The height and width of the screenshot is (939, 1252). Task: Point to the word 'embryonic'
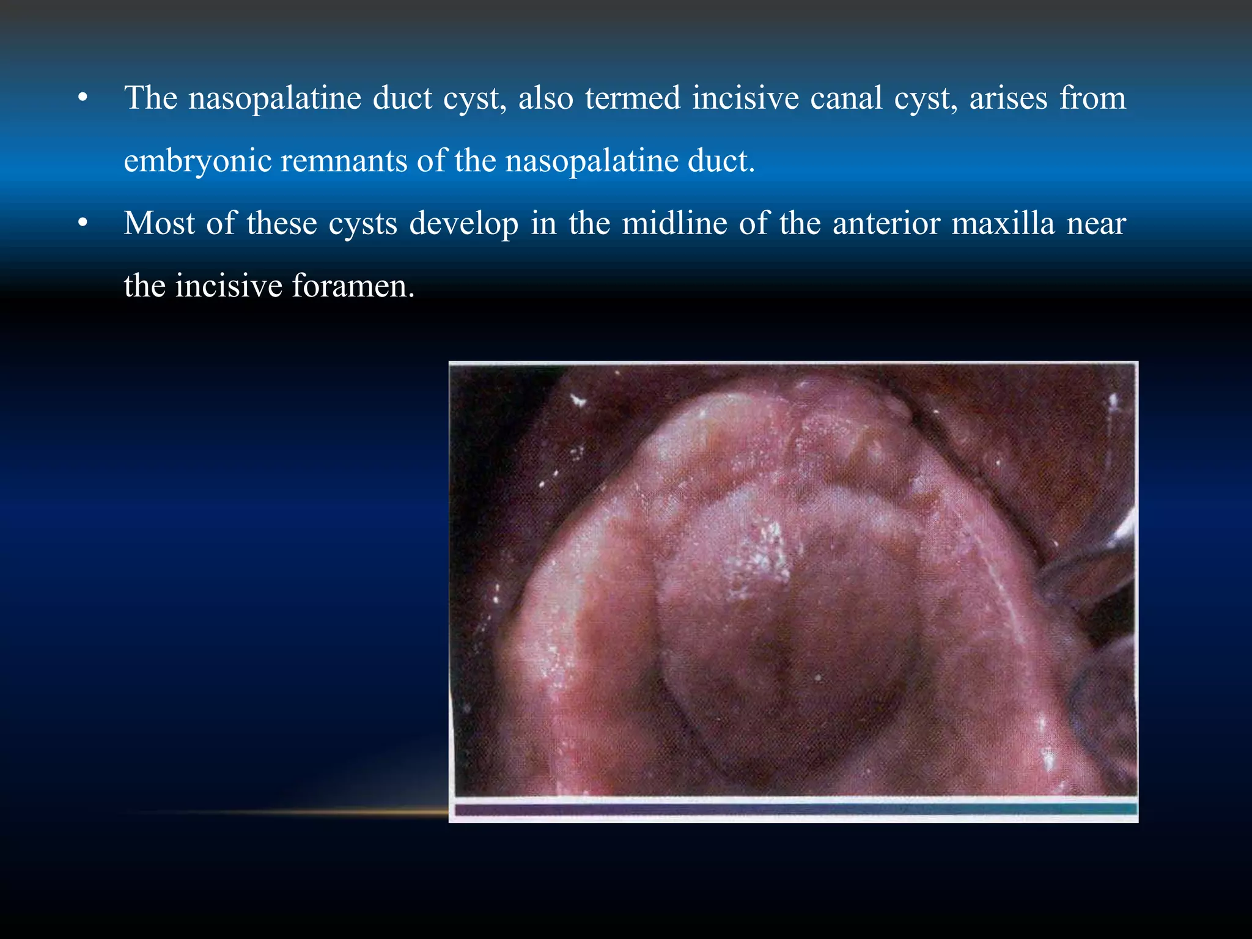coord(197,161)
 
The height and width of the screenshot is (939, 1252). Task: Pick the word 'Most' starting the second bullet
coord(160,223)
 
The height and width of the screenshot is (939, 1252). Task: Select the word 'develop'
coord(464,224)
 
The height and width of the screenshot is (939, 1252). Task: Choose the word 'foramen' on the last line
coord(353,286)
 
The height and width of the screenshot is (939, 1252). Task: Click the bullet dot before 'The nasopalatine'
coord(83,98)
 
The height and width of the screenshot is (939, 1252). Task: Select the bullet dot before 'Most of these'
coord(83,224)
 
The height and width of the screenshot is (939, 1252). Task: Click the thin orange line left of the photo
coord(287,812)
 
